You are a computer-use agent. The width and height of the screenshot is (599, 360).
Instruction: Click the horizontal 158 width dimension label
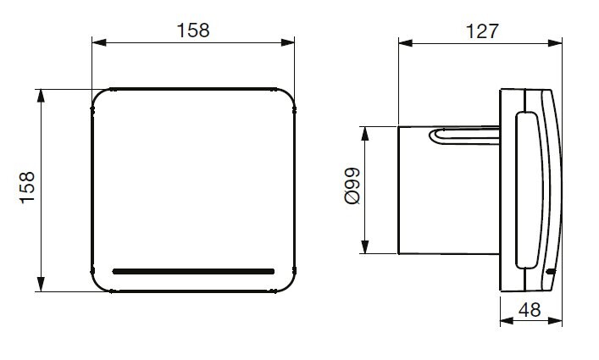click(x=193, y=30)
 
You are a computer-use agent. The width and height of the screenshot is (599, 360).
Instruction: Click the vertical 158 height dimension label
click(x=27, y=188)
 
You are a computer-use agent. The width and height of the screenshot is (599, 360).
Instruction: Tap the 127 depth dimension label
click(x=482, y=31)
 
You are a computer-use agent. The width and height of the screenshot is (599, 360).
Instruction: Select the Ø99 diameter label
click(x=352, y=186)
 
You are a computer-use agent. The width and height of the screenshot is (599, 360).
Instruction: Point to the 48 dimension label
click(x=530, y=310)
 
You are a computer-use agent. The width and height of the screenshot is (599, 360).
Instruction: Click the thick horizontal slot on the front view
click(x=193, y=271)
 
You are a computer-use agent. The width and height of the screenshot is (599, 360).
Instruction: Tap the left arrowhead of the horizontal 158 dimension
click(x=99, y=42)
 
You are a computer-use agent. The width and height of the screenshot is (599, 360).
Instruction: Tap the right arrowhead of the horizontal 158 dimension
click(x=288, y=42)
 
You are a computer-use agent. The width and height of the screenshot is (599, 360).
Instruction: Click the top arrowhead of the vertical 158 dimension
click(x=41, y=97)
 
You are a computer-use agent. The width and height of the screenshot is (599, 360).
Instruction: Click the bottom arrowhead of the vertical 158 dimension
click(x=41, y=285)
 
